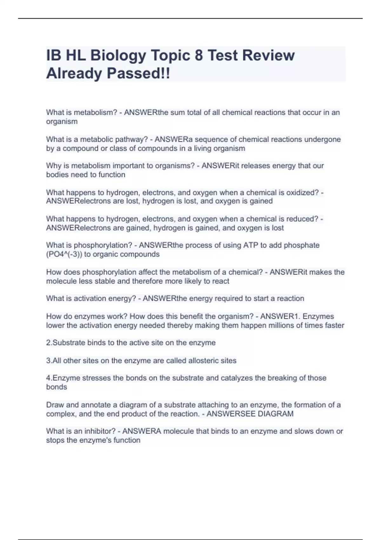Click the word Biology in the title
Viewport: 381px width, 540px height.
point(118,56)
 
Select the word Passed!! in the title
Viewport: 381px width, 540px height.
point(138,73)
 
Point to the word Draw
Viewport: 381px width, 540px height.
point(55,405)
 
